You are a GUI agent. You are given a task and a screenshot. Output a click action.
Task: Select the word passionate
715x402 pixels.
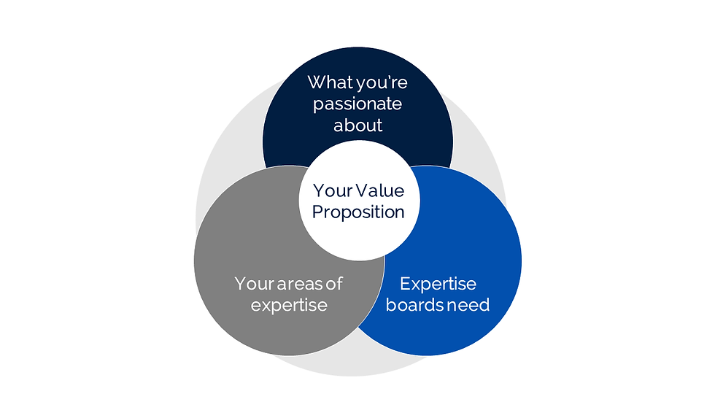pos(357,104)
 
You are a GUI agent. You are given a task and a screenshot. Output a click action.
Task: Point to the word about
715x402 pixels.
pos(357,125)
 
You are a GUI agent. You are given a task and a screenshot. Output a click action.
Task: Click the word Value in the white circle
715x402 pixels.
pos(378,190)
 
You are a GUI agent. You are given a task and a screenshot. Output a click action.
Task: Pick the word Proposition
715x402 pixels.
pos(357,212)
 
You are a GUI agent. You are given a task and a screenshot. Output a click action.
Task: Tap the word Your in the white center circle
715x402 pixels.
pos(332,190)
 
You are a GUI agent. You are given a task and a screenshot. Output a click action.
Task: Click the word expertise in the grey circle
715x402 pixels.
pos(289,304)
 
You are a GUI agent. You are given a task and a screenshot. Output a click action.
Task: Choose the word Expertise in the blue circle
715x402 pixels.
pos(438,283)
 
